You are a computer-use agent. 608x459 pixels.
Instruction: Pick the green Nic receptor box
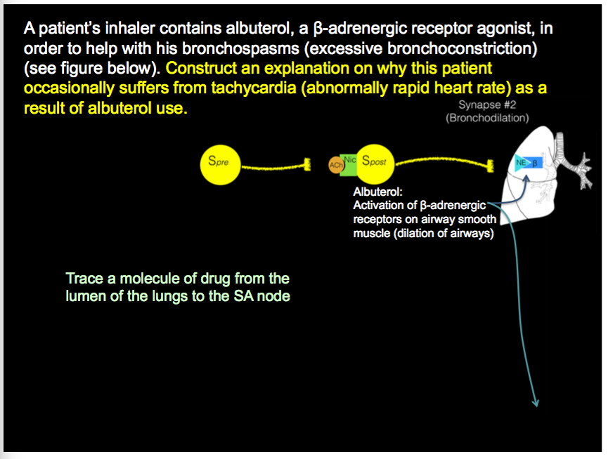[x=349, y=161]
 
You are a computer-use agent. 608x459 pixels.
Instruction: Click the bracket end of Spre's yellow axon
[x=307, y=166]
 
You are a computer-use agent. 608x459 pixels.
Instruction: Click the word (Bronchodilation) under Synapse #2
[x=487, y=118]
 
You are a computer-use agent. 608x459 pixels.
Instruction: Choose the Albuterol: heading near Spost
[x=377, y=192]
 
